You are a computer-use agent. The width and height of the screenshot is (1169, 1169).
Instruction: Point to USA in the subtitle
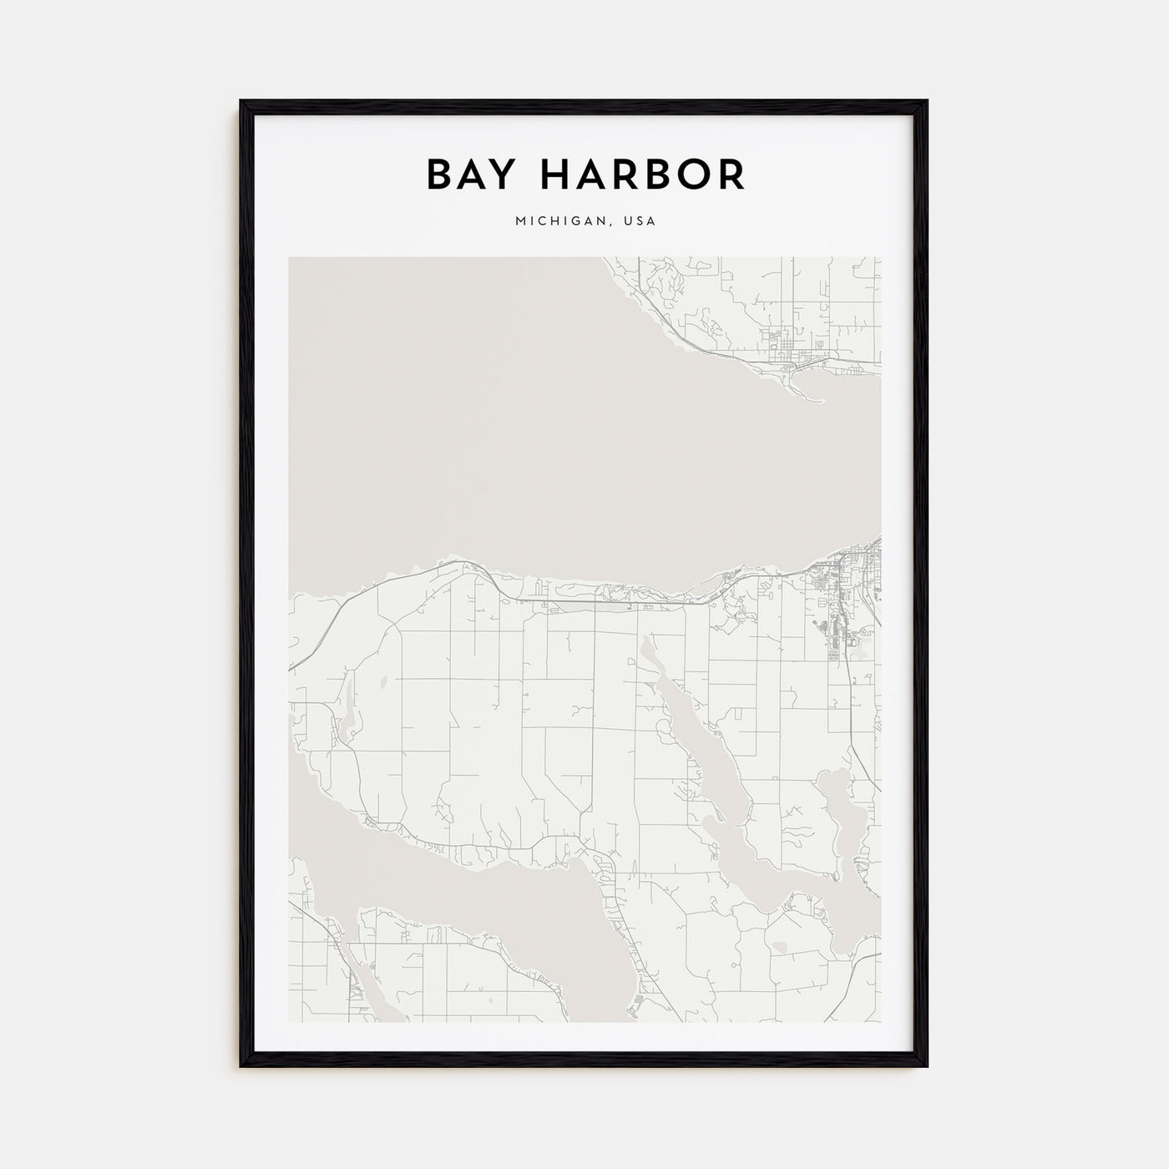640,221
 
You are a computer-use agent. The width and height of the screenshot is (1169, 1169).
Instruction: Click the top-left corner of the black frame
241,102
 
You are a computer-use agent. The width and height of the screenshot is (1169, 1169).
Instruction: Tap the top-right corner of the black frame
927,102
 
